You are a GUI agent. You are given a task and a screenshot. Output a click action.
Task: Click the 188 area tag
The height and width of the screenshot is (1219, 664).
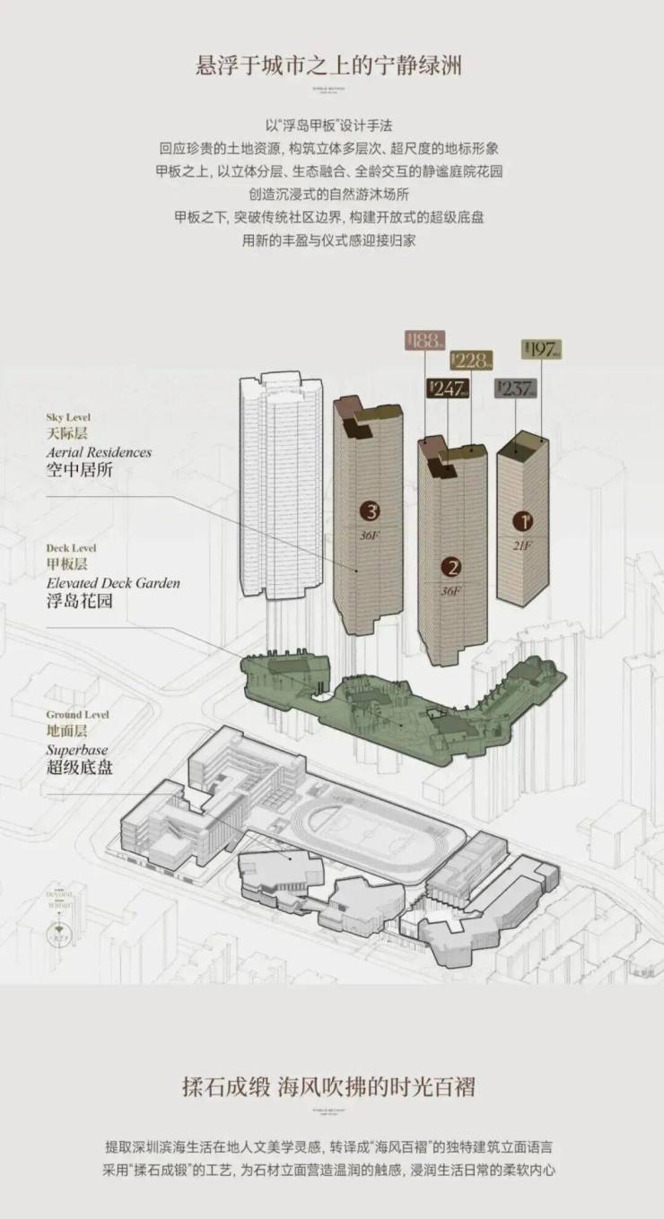click(x=424, y=340)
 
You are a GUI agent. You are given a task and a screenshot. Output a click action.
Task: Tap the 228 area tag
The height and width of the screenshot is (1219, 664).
click(x=471, y=361)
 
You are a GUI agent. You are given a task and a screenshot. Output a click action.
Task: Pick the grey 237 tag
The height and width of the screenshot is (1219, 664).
click(x=515, y=388)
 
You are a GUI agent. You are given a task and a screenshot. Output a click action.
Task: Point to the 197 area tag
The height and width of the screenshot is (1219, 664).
click(x=541, y=349)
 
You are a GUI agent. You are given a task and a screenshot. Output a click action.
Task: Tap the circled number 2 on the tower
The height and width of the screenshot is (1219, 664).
click(x=452, y=567)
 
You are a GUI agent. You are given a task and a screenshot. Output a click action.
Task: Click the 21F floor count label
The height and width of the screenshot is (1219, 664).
click(x=522, y=544)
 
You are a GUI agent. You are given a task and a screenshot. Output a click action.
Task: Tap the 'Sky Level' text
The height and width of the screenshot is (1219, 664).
click(x=68, y=417)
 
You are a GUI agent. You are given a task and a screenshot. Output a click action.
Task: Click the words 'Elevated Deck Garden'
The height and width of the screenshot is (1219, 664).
click(x=113, y=583)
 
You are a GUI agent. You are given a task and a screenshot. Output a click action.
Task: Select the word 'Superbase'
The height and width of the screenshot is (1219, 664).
click(x=76, y=749)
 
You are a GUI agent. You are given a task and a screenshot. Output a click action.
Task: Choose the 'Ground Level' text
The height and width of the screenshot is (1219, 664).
click(x=77, y=715)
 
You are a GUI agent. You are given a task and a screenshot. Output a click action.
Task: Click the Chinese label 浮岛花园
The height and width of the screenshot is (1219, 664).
click(x=80, y=602)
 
